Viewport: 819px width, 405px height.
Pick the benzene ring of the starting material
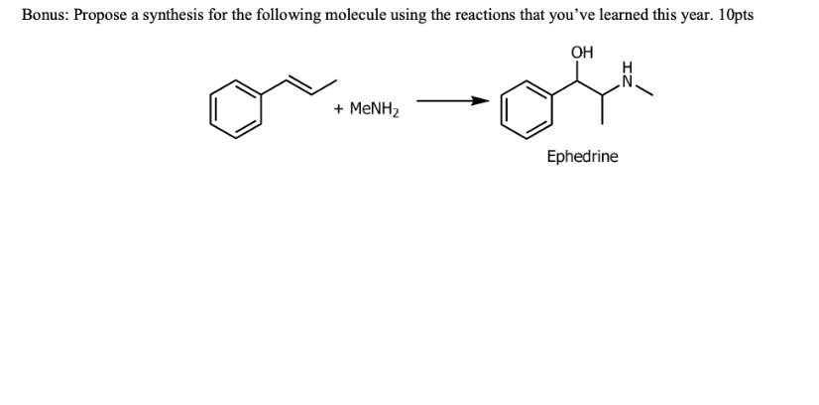(235, 108)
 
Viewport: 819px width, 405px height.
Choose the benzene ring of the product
(526, 115)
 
